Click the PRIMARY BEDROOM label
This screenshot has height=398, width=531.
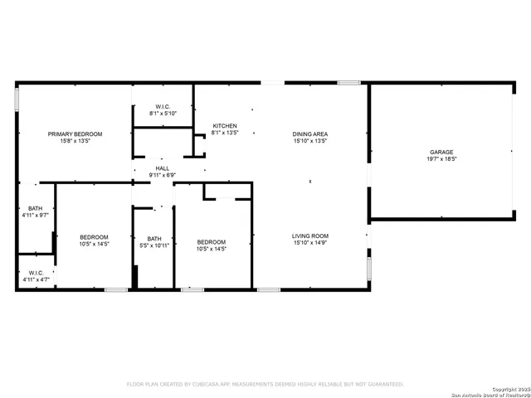click(x=75, y=134)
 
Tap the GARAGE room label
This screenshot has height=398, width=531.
click(x=441, y=153)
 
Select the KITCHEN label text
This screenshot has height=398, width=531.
click(x=225, y=126)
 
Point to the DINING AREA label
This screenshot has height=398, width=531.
click(x=310, y=134)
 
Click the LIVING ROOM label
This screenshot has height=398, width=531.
click(x=310, y=236)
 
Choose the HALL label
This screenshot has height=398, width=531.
click(x=162, y=168)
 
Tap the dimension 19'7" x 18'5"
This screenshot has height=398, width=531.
click(x=441, y=159)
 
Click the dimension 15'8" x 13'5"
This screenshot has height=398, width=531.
click(x=75, y=141)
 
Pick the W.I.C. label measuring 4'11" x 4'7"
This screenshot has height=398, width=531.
click(x=36, y=273)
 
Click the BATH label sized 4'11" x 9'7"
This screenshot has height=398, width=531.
click(x=35, y=209)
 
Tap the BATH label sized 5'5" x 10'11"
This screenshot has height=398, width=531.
click(x=154, y=239)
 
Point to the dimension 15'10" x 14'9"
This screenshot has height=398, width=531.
click(x=310, y=243)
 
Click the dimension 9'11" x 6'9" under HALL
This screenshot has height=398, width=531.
click(x=162, y=175)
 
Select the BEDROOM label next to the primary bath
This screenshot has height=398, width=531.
click(x=94, y=237)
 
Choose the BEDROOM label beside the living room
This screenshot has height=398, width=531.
click(x=212, y=242)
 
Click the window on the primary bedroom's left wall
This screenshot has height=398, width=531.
click(x=17, y=99)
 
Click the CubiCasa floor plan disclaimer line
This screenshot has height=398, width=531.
click(x=265, y=384)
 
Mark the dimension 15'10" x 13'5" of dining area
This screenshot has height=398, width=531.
click(x=310, y=141)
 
